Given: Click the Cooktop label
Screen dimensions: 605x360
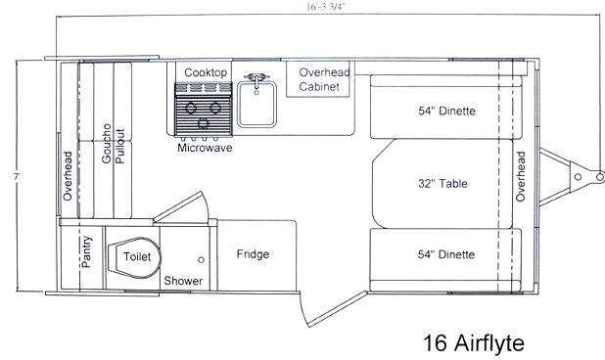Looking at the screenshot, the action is click(x=206, y=72).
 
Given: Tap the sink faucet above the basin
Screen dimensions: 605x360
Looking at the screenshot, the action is click(x=256, y=78).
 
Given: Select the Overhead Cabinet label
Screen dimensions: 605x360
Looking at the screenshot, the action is click(x=324, y=79).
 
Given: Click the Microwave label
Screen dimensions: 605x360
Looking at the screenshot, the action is click(x=205, y=148).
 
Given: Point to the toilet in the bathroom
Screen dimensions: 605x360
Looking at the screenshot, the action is click(x=134, y=257).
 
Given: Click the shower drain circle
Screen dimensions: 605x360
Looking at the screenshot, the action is click(x=201, y=260).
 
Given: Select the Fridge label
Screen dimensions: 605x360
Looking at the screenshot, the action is click(x=253, y=254).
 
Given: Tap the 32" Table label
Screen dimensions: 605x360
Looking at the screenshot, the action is click(x=442, y=183).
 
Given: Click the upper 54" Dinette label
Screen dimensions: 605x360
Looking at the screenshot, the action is click(x=446, y=111).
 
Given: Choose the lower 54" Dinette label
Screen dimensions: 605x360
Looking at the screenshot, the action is click(x=446, y=254).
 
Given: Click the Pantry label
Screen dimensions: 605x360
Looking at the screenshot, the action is click(x=87, y=251).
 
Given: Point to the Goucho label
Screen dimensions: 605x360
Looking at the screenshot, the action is click(x=106, y=144).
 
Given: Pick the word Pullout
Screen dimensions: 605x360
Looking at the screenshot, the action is click(x=120, y=146).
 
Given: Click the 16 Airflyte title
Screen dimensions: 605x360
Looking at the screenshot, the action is click(x=474, y=342).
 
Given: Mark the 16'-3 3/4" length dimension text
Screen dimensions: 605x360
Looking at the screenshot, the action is click(x=325, y=7).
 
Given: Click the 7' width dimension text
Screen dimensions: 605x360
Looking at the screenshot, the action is click(x=17, y=176).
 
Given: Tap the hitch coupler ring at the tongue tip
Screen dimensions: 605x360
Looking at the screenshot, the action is click(x=599, y=176).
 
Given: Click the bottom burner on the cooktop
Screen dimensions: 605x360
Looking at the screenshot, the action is click(x=204, y=123).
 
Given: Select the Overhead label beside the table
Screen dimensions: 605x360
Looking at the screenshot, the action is click(x=521, y=176).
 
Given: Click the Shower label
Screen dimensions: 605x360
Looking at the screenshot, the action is click(x=183, y=281).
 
